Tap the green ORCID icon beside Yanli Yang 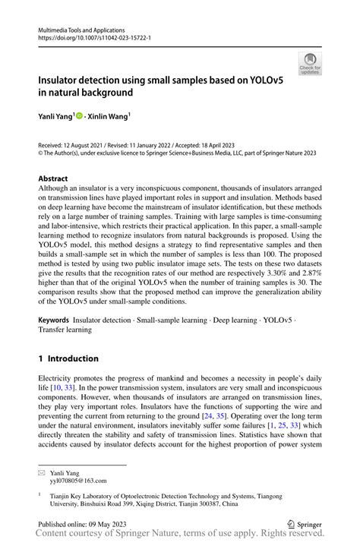pyautogui.click(x=79, y=116)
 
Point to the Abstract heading pyautogui.click(x=54, y=178)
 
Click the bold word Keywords pyautogui.click(x=55, y=321)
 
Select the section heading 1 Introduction pyautogui.click(x=68, y=358)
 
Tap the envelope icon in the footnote pyautogui.click(x=43, y=472)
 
